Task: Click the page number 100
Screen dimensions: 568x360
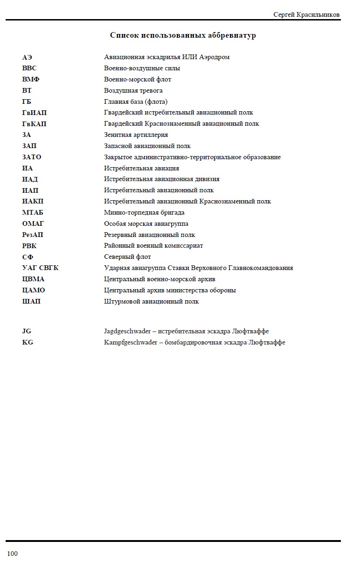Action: click(x=12, y=554)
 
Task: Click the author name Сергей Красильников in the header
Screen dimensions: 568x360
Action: click(x=306, y=15)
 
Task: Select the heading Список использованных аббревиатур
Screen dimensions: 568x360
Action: click(x=183, y=35)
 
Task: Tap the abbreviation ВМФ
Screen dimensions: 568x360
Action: click(x=31, y=79)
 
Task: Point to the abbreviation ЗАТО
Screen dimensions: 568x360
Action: click(x=32, y=157)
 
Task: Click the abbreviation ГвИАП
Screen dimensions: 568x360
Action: click(x=34, y=113)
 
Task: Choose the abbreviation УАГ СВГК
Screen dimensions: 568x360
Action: click(x=41, y=268)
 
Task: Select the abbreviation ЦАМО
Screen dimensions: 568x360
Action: click(x=34, y=290)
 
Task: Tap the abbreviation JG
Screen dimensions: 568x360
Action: click(x=27, y=331)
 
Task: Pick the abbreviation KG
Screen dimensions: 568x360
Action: click(x=27, y=343)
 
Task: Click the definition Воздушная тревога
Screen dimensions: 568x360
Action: click(x=133, y=90)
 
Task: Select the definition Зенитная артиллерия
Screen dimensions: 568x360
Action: click(x=136, y=135)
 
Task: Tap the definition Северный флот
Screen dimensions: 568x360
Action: click(x=128, y=257)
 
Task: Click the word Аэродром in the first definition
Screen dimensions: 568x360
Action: click(x=214, y=57)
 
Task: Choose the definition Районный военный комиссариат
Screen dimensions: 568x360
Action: click(x=153, y=246)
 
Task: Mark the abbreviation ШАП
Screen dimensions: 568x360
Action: click(x=31, y=301)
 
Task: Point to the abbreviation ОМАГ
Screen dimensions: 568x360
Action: click(x=33, y=224)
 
